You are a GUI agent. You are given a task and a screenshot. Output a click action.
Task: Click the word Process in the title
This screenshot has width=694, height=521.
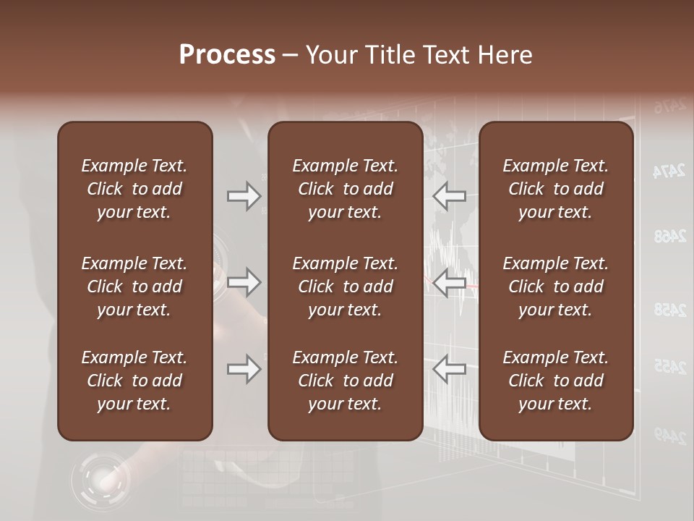coord(227,55)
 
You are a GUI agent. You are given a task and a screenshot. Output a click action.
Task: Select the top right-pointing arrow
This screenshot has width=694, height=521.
coord(244,196)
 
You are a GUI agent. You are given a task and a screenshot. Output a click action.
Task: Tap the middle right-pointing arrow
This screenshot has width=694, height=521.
coord(244,282)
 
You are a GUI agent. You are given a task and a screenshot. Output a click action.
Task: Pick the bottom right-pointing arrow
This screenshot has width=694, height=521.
coord(244,370)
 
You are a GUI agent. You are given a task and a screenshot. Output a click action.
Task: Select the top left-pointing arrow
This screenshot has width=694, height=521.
coord(450,196)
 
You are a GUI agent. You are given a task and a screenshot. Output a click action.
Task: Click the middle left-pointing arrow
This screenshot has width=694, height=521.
coord(450,282)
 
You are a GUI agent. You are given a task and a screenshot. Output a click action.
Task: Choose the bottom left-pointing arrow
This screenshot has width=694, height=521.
coord(450,370)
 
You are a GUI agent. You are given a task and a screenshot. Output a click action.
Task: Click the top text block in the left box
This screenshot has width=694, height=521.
coord(134,189)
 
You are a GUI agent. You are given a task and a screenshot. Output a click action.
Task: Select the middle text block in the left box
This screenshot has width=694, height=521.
coord(134,287)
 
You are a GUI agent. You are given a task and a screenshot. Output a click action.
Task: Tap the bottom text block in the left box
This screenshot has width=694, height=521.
coord(134,381)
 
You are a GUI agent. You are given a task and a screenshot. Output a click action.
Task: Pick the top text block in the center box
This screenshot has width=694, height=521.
coord(346,189)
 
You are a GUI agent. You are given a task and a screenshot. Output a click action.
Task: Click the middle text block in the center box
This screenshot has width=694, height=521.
coord(346,287)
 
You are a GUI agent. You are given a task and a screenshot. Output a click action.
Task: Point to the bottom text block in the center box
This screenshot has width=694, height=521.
coord(346,381)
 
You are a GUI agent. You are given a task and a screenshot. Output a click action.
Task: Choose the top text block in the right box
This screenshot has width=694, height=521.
coord(556,189)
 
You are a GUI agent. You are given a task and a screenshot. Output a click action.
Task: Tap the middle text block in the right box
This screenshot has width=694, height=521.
coord(556,287)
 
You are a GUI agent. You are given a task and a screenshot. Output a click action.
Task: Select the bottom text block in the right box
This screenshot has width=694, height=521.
coord(556,381)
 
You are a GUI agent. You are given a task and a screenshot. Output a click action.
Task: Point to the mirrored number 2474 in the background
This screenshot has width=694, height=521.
coord(669,171)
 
